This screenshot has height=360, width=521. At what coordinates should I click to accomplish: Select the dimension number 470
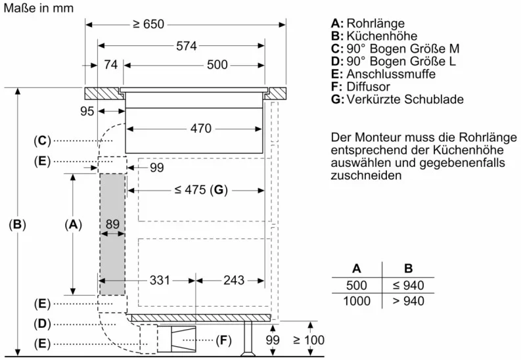coord(201,129)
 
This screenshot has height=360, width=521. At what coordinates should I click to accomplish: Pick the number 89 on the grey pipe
coord(112,225)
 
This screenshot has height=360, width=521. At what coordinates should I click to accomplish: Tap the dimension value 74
coord(110,65)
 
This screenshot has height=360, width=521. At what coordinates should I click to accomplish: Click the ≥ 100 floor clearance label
coord(309,340)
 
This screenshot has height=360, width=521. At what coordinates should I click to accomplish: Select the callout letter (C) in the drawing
coord(41,141)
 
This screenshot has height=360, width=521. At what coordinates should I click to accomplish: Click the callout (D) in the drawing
coord(41,323)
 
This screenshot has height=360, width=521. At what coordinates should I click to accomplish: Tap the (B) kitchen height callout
coord(17,225)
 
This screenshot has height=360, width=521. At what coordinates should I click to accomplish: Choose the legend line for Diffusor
coord(361,87)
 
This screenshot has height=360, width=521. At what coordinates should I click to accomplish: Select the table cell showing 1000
coord(357,301)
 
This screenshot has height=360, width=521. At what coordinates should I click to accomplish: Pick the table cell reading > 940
coord(408,301)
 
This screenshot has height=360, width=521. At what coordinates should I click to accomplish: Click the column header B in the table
coord(408,268)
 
